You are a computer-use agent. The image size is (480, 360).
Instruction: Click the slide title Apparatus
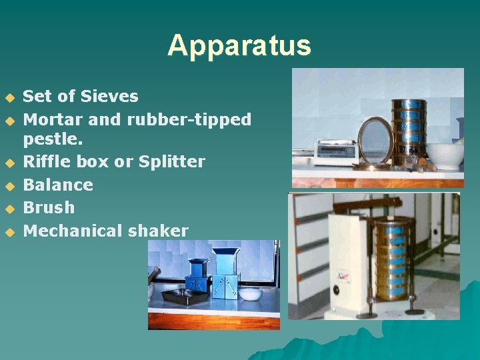[239, 45]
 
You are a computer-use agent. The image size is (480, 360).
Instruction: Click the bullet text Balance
[58, 185]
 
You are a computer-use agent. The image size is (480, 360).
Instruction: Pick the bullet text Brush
[49, 207]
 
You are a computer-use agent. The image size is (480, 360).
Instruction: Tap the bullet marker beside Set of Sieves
[9, 97]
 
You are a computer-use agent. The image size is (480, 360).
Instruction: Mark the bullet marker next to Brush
[9, 209]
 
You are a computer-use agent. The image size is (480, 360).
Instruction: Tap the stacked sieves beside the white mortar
[408, 131]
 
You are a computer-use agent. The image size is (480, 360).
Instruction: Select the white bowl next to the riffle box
[250, 294]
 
